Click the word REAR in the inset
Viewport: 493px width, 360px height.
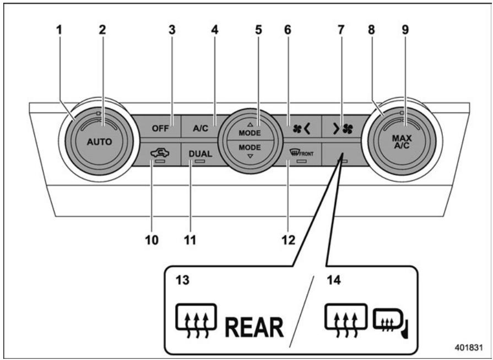coord(254,329)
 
